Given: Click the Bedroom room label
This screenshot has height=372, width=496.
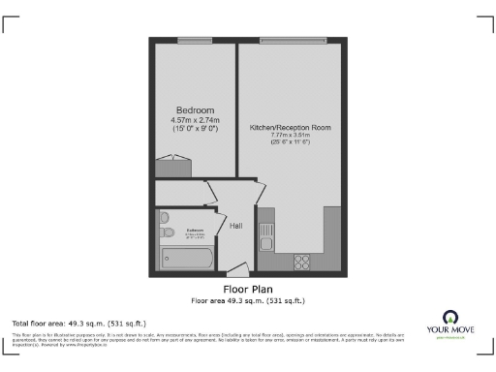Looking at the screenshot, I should [x=195, y=109].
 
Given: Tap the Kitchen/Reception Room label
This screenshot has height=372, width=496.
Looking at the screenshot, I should [x=291, y=128].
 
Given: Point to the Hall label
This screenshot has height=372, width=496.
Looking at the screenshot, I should [x=235, y=227].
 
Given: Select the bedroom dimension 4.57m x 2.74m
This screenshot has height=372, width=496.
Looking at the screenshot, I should [x=195, y=119].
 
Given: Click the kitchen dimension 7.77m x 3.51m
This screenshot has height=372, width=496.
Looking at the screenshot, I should [x=291, y=137].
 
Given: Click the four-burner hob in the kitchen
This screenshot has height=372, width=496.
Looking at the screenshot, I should [x=301, y=260].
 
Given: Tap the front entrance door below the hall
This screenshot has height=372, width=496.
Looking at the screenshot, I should [x=236, y=268].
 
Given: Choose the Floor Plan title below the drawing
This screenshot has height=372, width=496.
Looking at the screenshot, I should [x=248, y=289].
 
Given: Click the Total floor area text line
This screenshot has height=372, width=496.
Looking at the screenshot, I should [x=78, y=323].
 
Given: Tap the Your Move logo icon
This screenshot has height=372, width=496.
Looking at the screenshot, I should [x=450, y=318].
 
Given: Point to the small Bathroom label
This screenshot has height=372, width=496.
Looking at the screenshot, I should [x=194, y=231].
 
